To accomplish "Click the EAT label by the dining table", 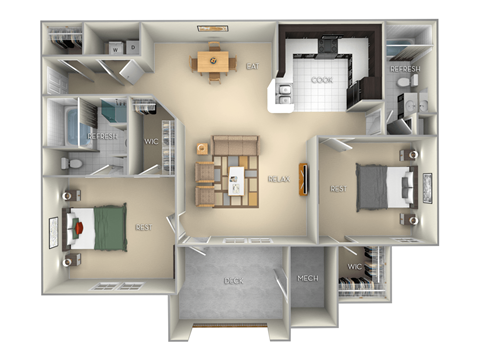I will (253, 67).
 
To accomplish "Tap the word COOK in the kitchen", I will (321, 80).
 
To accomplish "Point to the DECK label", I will (233, 281).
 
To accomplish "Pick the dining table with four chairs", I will (212, 62).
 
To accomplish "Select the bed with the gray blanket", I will (385, 186).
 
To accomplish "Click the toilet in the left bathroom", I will (67, 161).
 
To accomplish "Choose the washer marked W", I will (116, 47).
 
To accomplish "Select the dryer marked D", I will (132, 47).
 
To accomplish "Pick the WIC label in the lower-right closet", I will (354, 268).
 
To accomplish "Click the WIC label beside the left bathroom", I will (152, 140).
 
